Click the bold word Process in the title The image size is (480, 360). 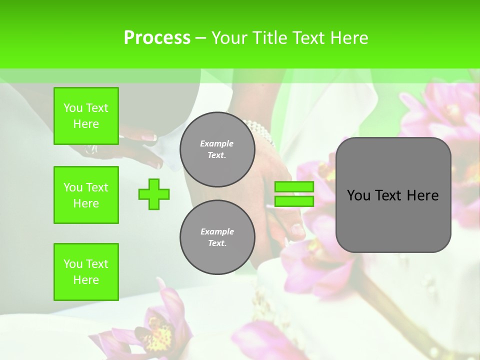tap(157, 38)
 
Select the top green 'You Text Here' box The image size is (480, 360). tap(86, 116)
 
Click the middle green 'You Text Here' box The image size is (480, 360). tap(86, 195)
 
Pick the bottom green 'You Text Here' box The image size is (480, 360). tap(86, 272)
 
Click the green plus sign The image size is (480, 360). tap(154, 194)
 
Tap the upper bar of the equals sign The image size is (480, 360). tap(294, 187)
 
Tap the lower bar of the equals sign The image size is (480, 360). tap(294, 201)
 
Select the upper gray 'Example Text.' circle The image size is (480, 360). tap(217, 149)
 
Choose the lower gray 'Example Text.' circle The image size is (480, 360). tap(217, 237)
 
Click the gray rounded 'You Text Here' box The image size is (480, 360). tap(393, 195)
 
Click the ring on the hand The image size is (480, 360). tap(92, 149)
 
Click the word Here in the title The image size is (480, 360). tap(348, 38)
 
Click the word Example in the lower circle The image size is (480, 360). tap(217, 231)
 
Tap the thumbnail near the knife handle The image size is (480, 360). tap(297, 230)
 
